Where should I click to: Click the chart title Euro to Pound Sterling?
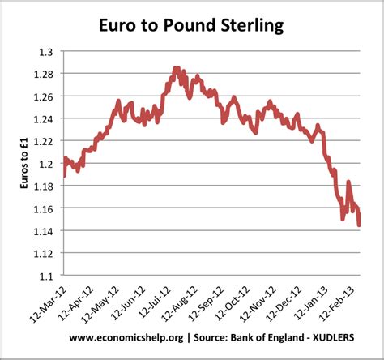191,26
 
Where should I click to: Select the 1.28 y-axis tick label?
45,75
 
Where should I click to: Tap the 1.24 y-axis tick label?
45,119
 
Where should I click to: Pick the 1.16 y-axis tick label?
45,208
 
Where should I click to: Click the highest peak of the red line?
174,68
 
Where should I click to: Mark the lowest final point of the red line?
360,225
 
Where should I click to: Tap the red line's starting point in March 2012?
64,175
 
